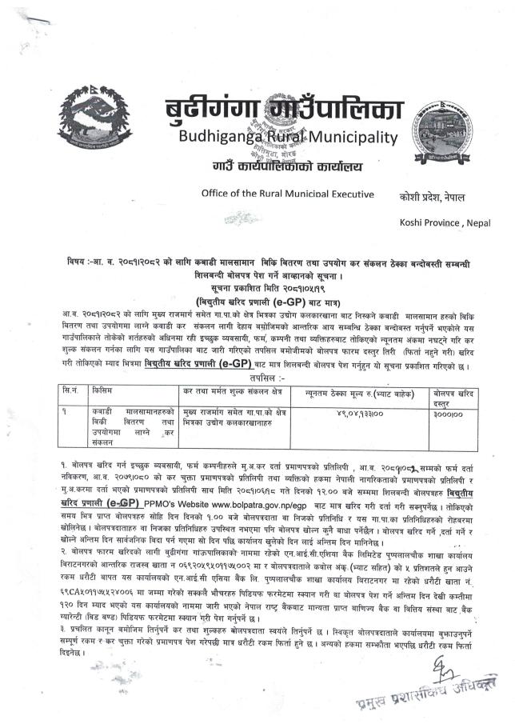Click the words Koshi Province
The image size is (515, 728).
tap(432, 220)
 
